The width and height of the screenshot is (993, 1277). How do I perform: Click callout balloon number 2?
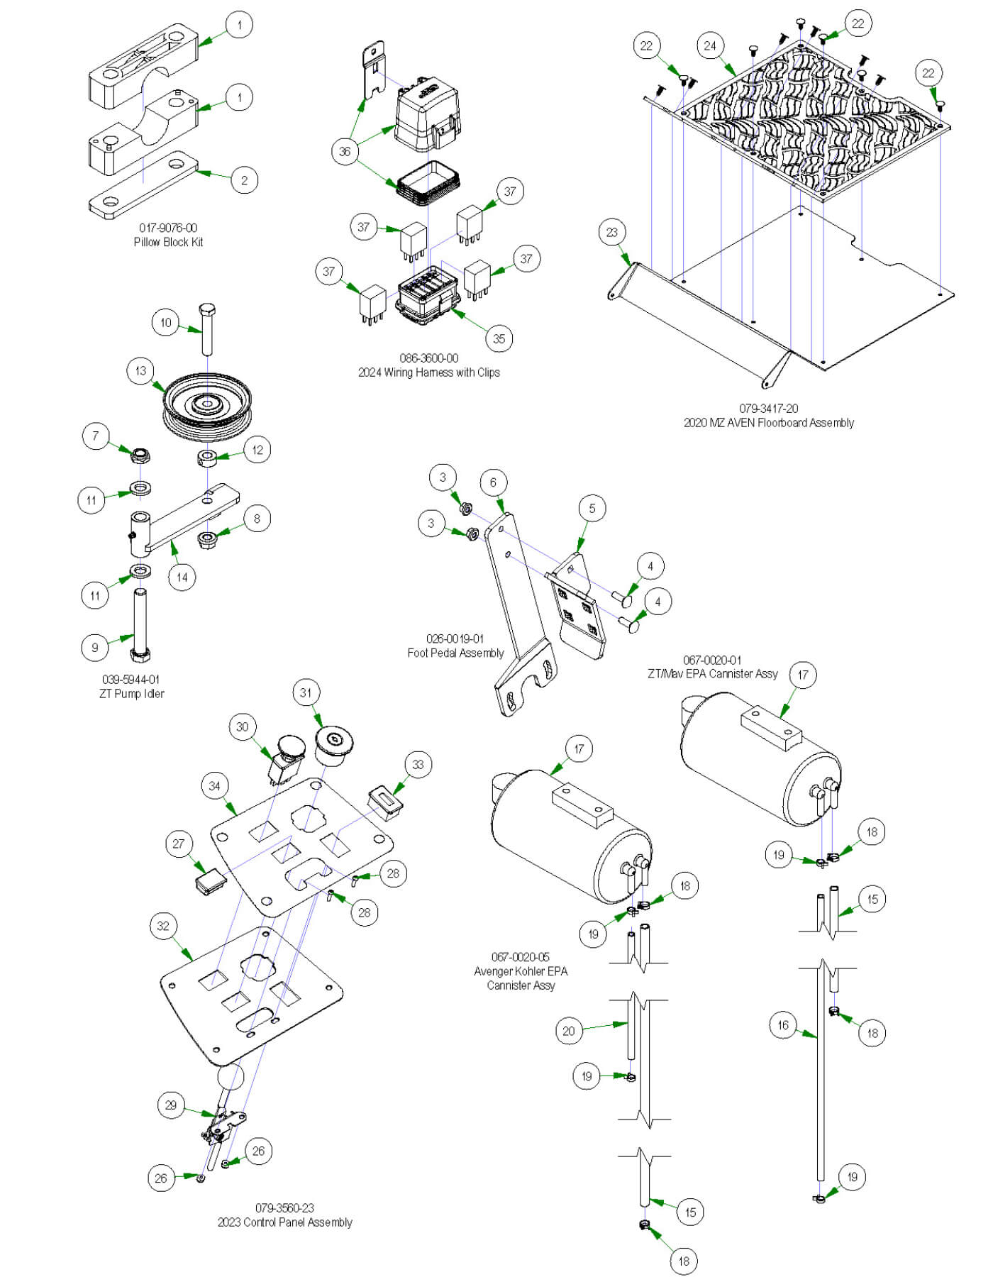coord(244,180)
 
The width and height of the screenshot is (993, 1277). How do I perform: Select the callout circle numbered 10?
coord(165,323)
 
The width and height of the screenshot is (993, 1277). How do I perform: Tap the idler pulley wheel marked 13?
coord(207,408)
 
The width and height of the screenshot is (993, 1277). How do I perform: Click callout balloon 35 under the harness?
coord(499,338)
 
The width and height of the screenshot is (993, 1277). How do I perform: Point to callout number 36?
coord(345,151)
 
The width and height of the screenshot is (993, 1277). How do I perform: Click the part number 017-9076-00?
coord(168,228)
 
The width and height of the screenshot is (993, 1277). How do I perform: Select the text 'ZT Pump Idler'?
coord(132,694)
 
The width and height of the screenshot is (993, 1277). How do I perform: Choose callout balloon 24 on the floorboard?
coord(710,46)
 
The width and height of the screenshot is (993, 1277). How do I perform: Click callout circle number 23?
coord(612,232)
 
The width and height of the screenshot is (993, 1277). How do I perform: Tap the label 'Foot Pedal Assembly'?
coord(455,653)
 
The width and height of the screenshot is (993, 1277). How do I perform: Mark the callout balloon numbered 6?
coord(493,483)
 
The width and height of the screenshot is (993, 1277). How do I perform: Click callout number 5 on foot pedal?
coord(592,509)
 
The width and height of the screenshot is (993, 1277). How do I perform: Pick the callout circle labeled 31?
coord(306,692)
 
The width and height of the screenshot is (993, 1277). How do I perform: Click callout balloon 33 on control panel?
coord(418,764)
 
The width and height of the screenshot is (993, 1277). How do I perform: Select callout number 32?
coord(163,926)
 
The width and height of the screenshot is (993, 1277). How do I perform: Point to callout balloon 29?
coord(171,1105)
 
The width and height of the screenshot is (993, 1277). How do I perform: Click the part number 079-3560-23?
coord(284,1207)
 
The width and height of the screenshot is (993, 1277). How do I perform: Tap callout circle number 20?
coord(568,1031)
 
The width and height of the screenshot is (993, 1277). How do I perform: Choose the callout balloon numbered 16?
coord(783,1025)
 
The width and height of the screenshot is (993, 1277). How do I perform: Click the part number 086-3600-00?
coord(428,358)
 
